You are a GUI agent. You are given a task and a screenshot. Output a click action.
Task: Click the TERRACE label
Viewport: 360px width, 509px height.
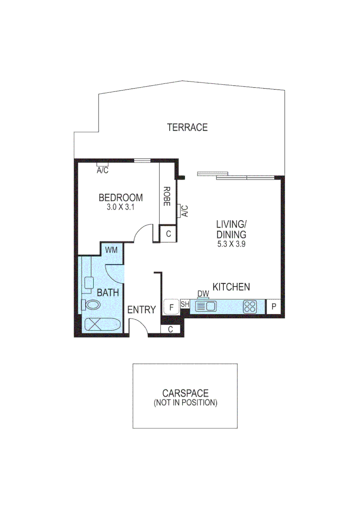[187, 127]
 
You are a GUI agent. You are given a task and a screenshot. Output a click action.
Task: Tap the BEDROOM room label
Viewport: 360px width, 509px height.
[121, 197]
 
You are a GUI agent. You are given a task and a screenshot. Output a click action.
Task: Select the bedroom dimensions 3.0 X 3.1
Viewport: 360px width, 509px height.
[121, 206]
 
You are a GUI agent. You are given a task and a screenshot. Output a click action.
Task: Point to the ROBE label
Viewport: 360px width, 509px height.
[167, 197]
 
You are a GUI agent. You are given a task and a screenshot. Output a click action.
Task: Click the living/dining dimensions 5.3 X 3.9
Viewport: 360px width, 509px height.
[231, 244]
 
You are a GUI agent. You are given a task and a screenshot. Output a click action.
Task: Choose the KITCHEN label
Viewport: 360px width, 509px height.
[231, 287]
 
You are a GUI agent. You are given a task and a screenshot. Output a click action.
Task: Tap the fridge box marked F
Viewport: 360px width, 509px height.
[172, 307]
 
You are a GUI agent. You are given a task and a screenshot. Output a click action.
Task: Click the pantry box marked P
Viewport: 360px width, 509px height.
[274, 307]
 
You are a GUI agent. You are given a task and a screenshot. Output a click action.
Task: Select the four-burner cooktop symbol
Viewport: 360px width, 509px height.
[250, 307]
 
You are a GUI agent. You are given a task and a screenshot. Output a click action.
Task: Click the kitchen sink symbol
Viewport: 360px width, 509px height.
[205, 307]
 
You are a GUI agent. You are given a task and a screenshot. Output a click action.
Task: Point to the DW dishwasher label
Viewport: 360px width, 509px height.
[203, 294]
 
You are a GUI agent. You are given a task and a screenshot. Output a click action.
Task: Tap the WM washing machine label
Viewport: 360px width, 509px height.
[111, 249]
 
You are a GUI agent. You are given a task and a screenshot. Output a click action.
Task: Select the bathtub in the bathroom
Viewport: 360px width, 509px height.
[102, 325]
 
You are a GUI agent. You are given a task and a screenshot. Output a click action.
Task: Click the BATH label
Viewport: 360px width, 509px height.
[107, 293]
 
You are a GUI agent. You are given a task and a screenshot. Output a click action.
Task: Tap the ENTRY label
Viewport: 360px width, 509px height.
[141, 310]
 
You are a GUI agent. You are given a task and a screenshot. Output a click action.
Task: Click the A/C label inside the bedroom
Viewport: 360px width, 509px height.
[102, 170]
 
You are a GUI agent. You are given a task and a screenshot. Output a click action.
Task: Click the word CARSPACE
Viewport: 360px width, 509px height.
[185, 393]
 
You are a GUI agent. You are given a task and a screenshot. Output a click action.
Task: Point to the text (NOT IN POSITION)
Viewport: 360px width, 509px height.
[185, 403]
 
